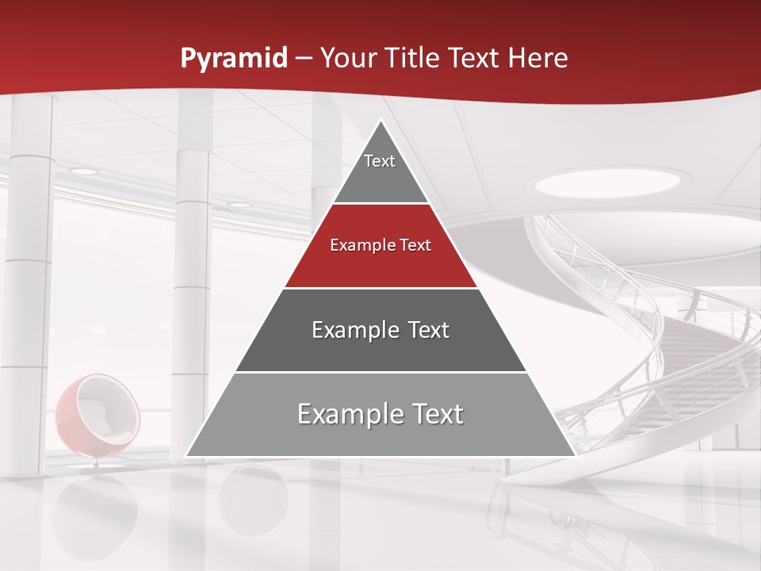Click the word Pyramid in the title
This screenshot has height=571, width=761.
[x=234, y=59]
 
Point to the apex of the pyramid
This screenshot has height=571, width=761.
[x=381, y=121]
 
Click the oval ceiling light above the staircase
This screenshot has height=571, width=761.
[x=606, y=183]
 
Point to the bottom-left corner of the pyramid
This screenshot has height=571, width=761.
[x=186, y=456]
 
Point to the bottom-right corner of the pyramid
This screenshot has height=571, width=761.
[x=576, y=456]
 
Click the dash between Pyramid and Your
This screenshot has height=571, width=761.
[x=304, y=59]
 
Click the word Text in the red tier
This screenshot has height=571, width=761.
[x=415, y=246]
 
